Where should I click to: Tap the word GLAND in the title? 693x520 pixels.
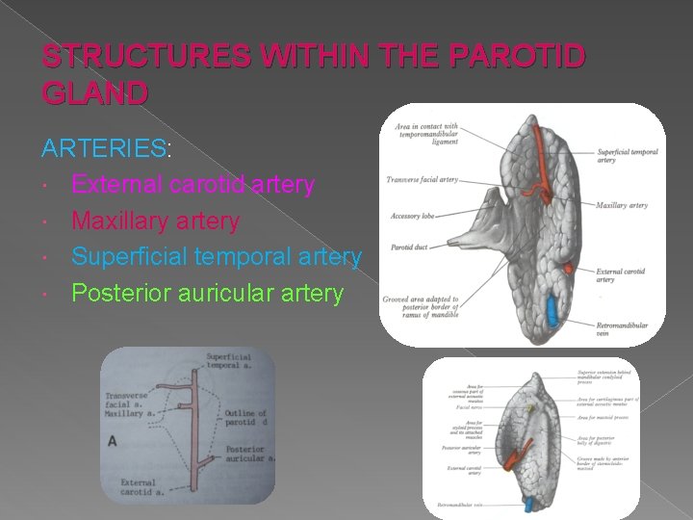(95, 92)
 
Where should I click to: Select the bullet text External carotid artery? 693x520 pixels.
(192, 184)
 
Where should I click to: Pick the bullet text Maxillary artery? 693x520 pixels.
(155, 221)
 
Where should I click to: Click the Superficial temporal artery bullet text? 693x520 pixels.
(217, 257)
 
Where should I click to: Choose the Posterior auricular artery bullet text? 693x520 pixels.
(207, 293)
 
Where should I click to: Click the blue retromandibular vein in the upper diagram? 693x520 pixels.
(552, 311)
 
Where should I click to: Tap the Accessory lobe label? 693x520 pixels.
(413, 216)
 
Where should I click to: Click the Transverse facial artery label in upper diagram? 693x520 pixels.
(422, 180)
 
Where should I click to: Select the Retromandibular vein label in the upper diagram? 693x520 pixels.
(622, 329)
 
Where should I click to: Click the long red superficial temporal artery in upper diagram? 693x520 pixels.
(545, 164)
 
